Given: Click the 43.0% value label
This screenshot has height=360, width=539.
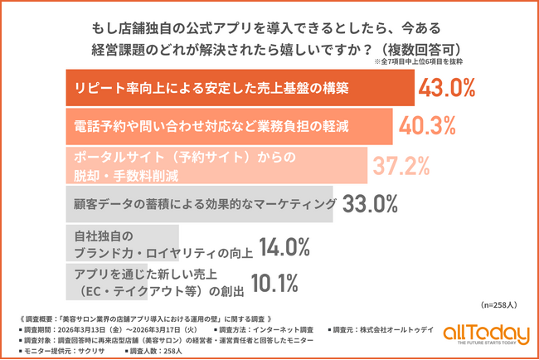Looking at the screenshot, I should (x=449, y=87).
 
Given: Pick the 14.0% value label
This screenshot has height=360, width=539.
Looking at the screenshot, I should (x=284, y=246).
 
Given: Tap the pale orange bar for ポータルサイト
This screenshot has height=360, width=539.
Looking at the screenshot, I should (x=216, y=164).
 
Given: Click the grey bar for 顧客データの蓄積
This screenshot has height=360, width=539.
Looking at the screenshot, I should (x=199, y=203).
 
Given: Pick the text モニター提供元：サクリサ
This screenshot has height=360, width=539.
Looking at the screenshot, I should (x=74, y=350).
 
